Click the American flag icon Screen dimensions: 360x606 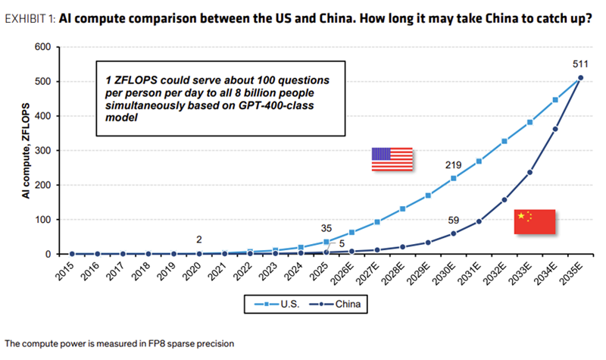click(392, 159)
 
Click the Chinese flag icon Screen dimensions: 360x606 click(535, 221)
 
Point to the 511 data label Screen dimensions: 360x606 click(579, 63)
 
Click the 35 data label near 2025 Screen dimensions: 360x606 click(327, 227)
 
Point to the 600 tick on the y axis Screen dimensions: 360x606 click(42, 47)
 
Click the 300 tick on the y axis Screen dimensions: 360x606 click(42, 151)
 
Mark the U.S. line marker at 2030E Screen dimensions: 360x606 click(454, 178)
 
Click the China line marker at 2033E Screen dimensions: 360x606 click(529, 172)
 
